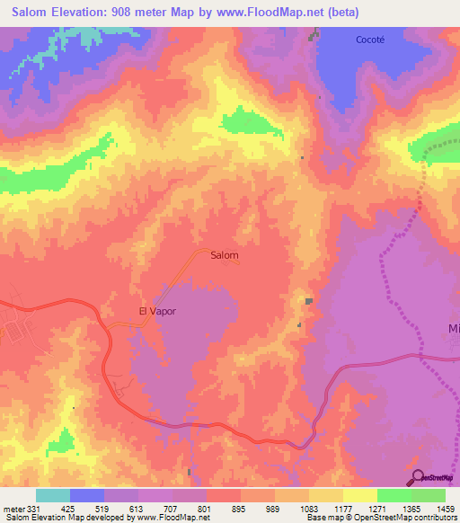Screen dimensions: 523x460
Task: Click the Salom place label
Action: pyautogui.click(x=224, y=255)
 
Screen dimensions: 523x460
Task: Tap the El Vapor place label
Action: pyautogui.click(x=156, y=311)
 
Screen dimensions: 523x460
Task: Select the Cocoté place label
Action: pyautogui.click(x=370, y=40)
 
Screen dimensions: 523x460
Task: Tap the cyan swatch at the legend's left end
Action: pyautogui.click(x=53, y=495)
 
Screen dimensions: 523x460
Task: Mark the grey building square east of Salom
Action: pyautogui.click(x=308, y=302)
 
